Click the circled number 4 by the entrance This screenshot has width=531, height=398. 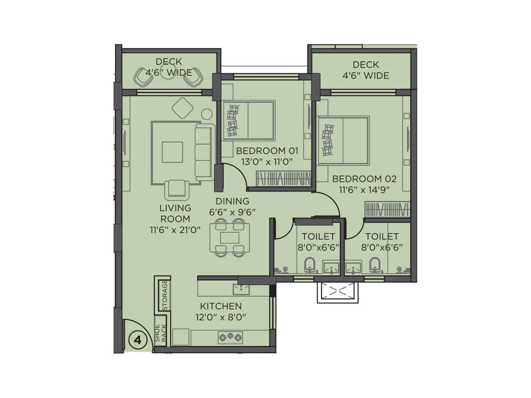click(137, 340)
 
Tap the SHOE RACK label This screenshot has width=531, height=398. click(161, 333)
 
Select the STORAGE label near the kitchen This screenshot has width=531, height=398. click(165, 295)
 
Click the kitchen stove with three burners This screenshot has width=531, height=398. click(230, 338)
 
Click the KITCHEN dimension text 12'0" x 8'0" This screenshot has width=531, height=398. click(221, 317)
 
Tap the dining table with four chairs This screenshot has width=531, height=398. click(230, 238)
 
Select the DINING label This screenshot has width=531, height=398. click(232, 201)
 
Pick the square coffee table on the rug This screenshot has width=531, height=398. click(172, 152)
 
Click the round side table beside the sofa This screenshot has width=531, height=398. click(207, 114)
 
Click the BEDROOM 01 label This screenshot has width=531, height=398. click(267, 151)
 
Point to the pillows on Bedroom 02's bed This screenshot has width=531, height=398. click(328, 140)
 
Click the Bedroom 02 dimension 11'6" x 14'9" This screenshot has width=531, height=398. click(364, 190)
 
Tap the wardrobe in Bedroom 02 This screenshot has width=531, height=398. click(387, 209)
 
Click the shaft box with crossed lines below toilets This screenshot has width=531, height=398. click(338, 292)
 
